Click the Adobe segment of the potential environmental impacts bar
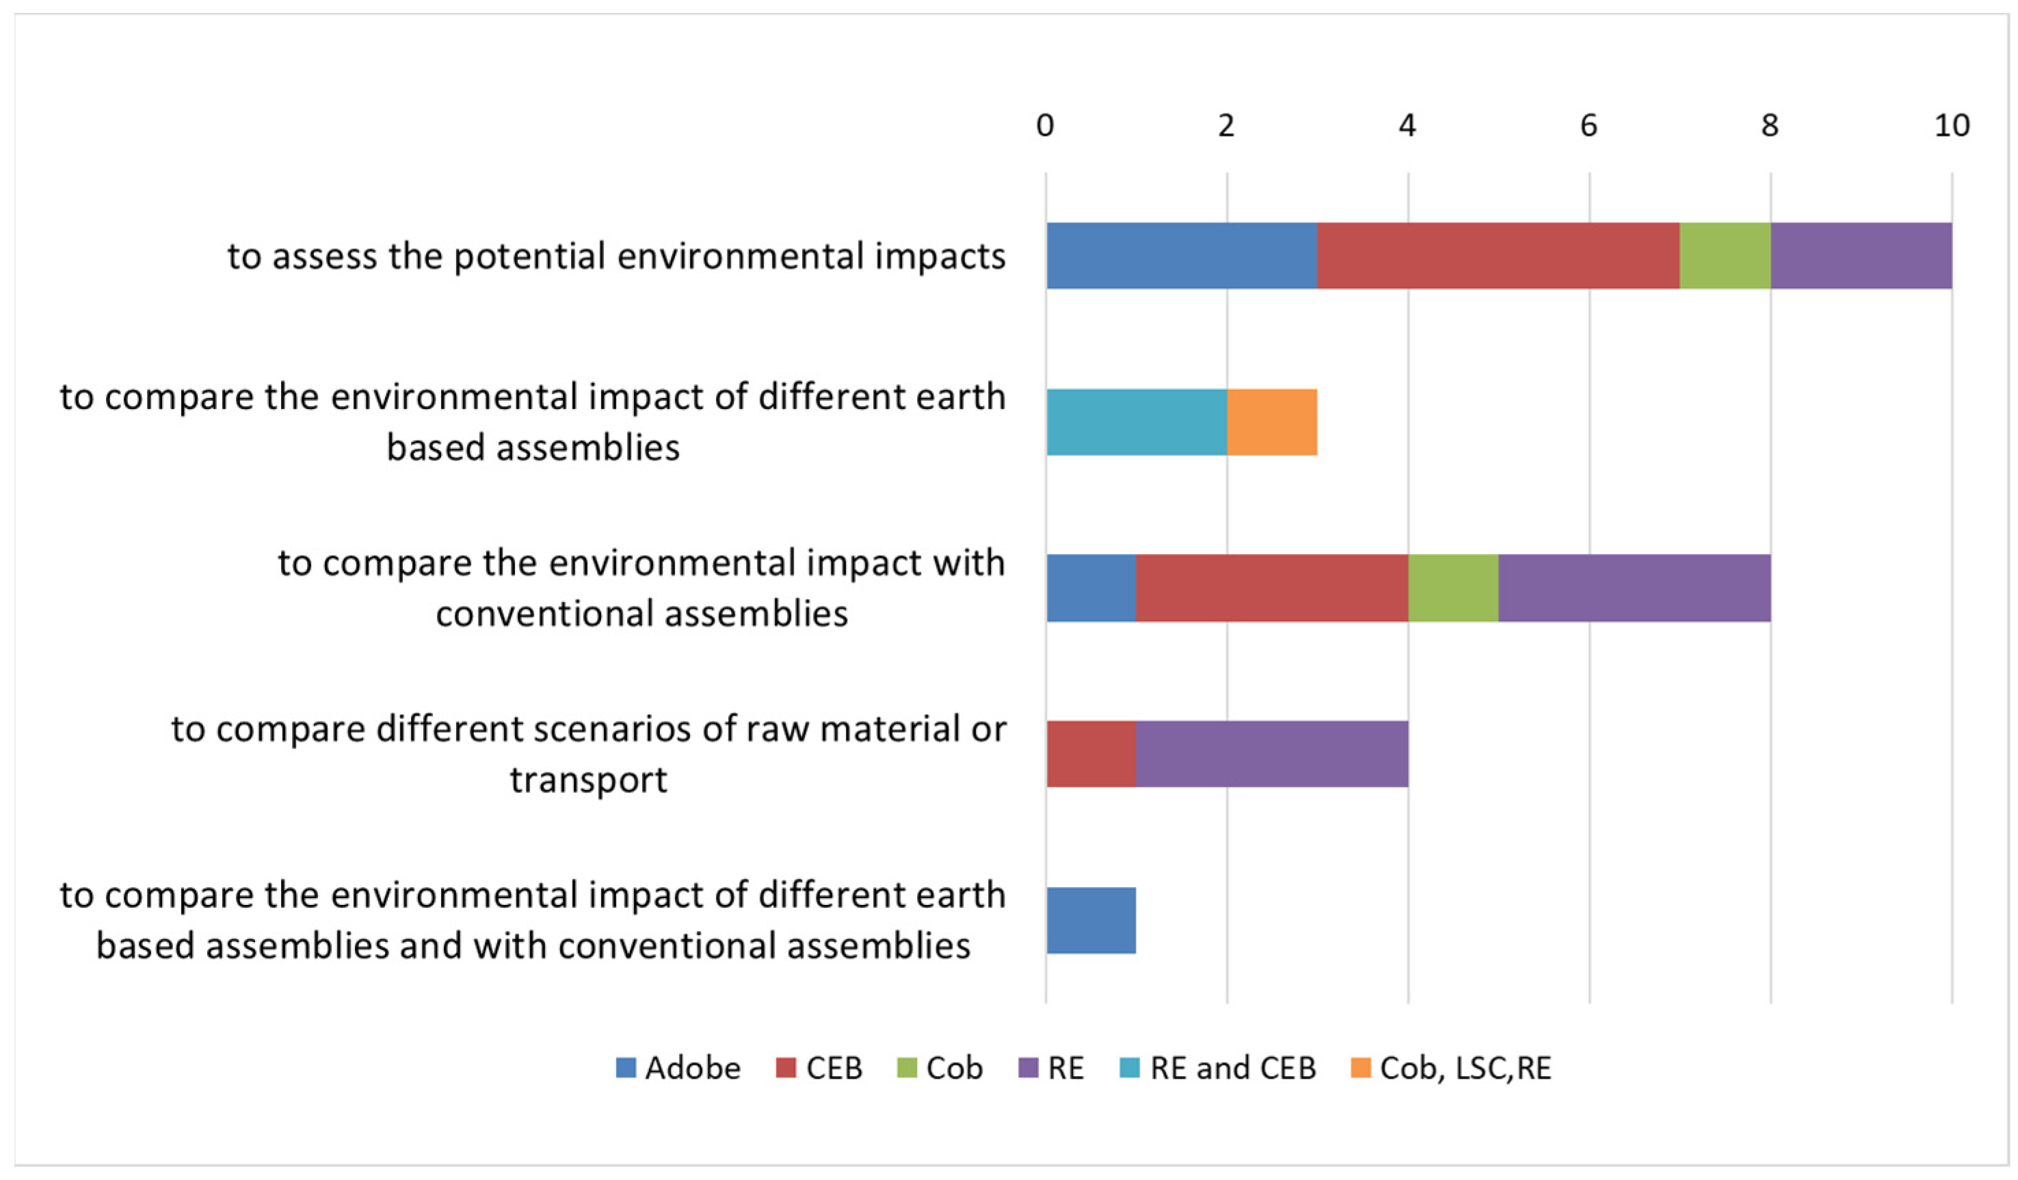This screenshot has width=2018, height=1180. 1181,256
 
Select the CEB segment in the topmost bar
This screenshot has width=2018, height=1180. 1498,256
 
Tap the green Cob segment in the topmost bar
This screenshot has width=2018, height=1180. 1724,256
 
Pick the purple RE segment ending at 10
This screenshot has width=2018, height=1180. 1860,256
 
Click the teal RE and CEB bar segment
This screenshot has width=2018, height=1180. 1136,422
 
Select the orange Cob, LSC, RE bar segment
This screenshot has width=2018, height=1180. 1272,422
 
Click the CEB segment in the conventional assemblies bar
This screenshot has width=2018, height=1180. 1272,588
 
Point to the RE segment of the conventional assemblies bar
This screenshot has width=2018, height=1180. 1634,588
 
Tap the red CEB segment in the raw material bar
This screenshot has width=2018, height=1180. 1091,754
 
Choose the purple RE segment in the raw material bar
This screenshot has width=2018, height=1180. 1272,754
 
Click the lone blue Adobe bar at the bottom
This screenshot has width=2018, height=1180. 1091,921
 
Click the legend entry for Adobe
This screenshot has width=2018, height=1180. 678,1068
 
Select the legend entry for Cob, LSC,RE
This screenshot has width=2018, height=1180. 1450,1068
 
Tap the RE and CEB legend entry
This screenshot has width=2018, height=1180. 1217,1068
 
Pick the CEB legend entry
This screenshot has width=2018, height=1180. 819,1068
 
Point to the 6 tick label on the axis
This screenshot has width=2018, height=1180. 1588,126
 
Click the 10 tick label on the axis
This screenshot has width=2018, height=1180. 1952,126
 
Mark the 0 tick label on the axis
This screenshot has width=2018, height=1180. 1045,126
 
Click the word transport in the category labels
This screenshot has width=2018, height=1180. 589,779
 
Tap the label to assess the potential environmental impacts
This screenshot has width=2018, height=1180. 616,257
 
